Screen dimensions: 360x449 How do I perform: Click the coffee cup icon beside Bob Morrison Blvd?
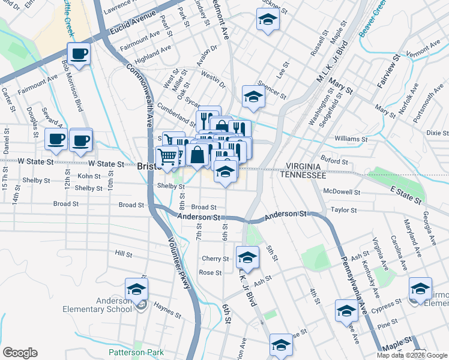point(79,54)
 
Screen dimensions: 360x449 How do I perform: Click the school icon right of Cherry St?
point(247,257)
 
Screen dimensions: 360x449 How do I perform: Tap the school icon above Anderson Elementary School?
point(136,289)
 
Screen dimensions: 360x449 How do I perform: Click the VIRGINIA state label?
point(305,166)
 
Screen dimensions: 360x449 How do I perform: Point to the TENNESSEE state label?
point(305,176)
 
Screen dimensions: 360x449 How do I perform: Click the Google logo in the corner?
point(20,352)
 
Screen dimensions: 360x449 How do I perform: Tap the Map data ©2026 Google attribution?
point(412,355)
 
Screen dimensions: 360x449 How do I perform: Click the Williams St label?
point(347,139)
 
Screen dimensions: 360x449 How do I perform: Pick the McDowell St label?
point(341,193)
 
